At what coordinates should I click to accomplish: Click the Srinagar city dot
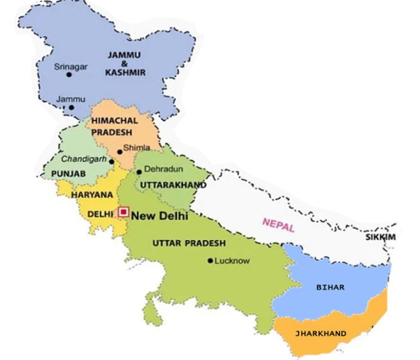click(69, 74)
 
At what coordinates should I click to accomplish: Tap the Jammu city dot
click(71, 108)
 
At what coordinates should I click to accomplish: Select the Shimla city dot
click(120, 152)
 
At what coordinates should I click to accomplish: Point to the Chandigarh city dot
click(111, 161)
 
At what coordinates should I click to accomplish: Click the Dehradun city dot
click(139, 172)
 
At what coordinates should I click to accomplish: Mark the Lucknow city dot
click(210, 260)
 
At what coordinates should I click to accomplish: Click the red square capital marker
click(124, 212)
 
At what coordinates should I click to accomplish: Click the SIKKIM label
click(380, 238)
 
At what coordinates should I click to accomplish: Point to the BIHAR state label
click(331, 287)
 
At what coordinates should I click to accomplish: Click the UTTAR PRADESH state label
click(189, 243)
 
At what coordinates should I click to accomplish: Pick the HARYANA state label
click(92, 195)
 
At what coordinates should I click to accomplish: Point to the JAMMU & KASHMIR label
click(124, 63)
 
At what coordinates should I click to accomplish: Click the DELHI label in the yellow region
click(100, 214)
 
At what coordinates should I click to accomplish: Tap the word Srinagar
click(70, 66)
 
